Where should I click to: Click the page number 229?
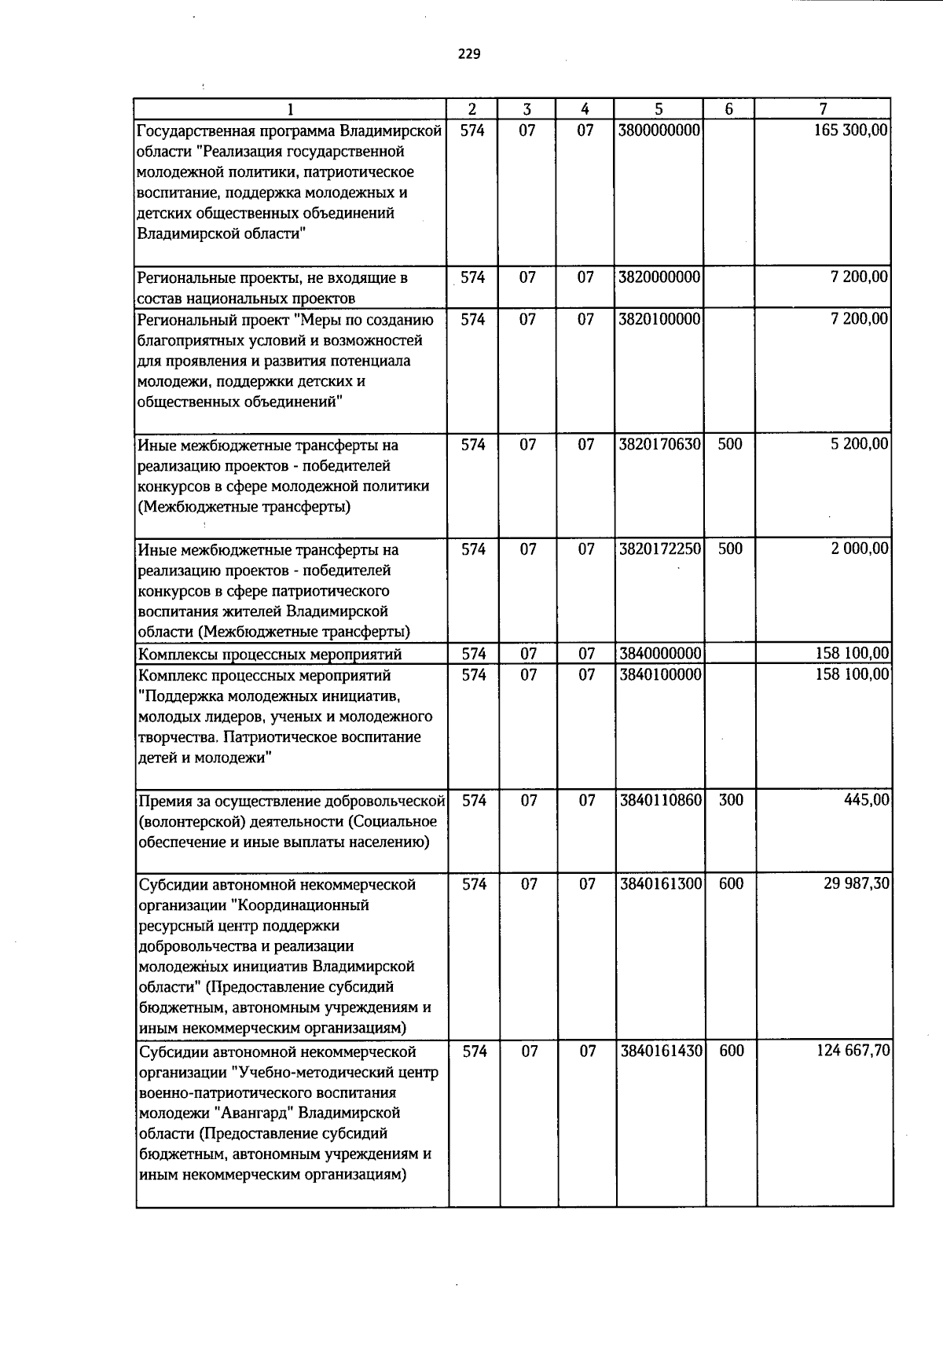[469, 54]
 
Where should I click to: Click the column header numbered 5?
[659, 109]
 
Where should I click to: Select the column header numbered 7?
[822, 109]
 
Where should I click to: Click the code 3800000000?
[659, 130]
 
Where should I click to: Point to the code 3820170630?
[659, 444]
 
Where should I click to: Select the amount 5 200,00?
[860, 444]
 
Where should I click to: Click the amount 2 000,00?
[860, 549]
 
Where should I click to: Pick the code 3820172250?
[659, 549]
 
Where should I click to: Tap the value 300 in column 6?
[730, 800]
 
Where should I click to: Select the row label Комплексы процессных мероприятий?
[270, 654]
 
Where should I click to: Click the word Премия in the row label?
[163, 801]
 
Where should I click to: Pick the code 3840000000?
[659, 654]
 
